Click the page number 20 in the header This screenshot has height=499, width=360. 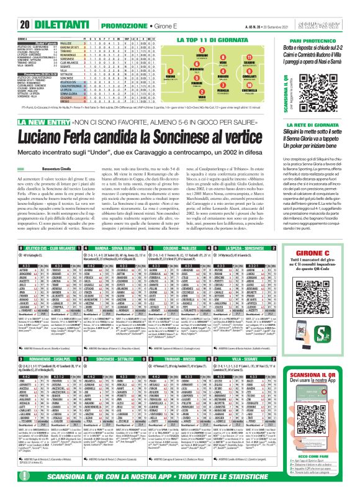pos(8,7)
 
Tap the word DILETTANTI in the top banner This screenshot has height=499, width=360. pos(38,7)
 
